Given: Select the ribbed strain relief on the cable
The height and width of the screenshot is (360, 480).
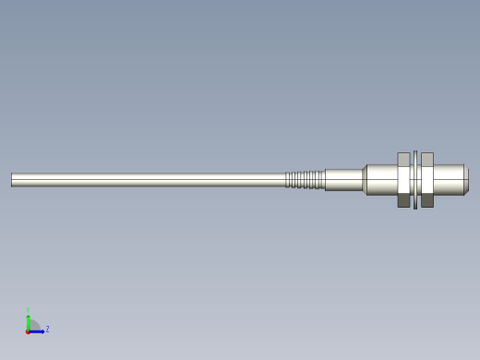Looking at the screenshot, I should (305, 180).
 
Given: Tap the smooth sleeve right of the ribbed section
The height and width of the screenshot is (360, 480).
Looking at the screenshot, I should (343, 180).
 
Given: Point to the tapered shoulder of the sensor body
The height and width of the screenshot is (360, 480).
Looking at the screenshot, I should (365, 180).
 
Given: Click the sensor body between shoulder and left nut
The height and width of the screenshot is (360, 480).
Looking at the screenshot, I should (382, 180).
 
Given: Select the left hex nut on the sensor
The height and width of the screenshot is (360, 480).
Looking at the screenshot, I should (403, 180).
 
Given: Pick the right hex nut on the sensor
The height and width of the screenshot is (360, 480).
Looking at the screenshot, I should (427, 180).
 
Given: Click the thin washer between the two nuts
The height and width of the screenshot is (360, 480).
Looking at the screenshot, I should (415, 180).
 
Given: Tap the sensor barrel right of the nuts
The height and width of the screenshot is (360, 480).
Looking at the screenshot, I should (449, 180).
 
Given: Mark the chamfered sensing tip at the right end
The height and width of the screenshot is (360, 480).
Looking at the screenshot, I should (466, 180).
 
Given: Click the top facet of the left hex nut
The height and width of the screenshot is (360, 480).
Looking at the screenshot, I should (403, 159).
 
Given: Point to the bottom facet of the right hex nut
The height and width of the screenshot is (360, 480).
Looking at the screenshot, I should (427, 200).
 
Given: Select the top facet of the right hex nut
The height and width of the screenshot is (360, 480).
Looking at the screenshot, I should (427, 159).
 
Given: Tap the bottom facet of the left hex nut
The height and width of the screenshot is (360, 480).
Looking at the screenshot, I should (403, 200).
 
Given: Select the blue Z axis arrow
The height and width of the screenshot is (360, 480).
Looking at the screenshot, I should (38, 330).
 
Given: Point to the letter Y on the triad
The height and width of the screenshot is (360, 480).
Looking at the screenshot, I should (28, 310).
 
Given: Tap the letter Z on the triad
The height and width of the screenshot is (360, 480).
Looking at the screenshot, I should (47, 329).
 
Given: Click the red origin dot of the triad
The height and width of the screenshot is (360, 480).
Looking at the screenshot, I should (28, 330).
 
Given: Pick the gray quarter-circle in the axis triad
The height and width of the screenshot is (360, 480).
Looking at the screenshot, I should (33, 325).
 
